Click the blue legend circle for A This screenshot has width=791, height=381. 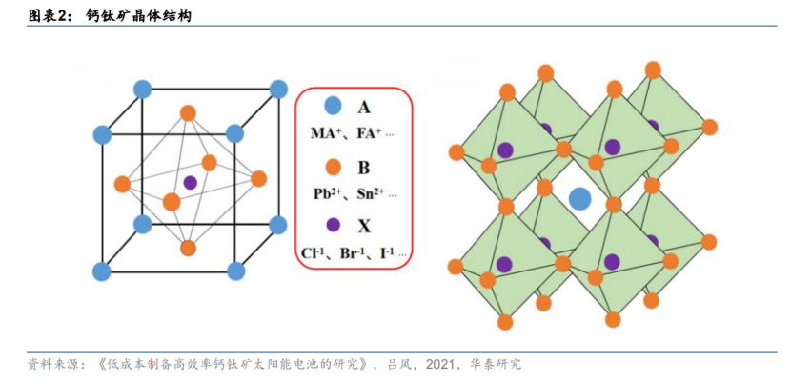[333, 107]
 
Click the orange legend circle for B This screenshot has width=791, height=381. [333, 167]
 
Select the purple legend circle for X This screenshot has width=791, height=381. [333, 226]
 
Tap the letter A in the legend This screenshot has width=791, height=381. [363, 107]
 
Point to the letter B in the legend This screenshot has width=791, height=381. [363, 168]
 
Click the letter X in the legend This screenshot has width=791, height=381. [363, 227]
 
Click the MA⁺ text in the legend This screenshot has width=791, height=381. [328, 133]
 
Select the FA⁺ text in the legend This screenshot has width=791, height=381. [369, 133]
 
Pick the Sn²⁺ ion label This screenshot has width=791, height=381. [371, 193]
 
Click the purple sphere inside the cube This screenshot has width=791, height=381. [191, 182]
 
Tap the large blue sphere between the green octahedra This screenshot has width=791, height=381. [579, 199]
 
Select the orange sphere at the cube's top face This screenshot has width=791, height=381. [188, 113]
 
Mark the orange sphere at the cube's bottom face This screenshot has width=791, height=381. [188, 248]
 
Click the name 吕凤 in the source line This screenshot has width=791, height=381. [395, 365]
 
